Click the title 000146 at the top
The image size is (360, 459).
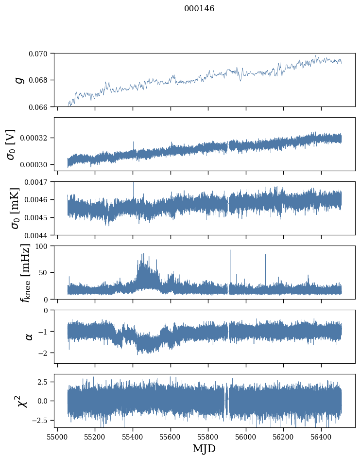199,9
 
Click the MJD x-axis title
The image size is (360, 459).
204,449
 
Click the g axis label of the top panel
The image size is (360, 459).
19,80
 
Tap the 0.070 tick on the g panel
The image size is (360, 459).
40,53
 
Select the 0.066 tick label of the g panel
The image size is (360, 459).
40,106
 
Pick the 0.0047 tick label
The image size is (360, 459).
38,182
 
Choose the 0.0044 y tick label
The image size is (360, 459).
38,235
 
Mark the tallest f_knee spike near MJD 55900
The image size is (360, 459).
230,251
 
